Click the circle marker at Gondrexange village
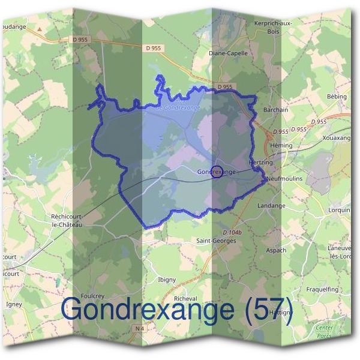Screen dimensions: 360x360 (217, 171)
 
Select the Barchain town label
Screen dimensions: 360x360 (276, 110)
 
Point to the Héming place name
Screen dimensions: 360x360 (281, 146)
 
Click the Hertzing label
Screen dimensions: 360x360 (260, 163)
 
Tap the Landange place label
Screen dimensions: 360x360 (271, 205)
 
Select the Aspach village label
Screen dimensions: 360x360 (275, 250)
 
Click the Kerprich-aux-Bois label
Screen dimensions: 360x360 (272, 27)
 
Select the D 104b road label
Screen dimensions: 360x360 (232, 232)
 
